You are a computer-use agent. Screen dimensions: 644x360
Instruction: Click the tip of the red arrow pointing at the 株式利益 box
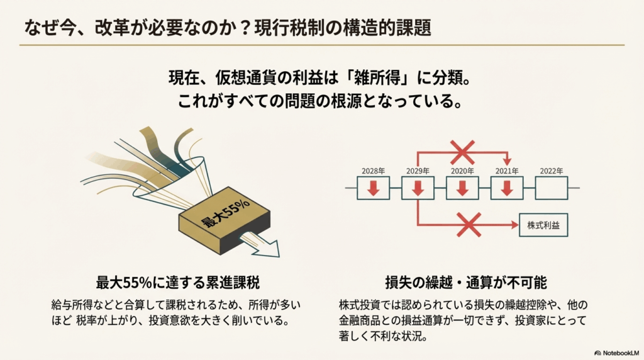coord(519,225)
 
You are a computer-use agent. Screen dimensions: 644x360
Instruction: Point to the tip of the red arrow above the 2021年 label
coord(508,166)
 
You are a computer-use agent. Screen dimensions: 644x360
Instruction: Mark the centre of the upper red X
coord(462,152)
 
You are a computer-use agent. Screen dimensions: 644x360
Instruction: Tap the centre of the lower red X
coord(469,225)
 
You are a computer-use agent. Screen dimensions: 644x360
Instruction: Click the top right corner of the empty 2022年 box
coord(568,177)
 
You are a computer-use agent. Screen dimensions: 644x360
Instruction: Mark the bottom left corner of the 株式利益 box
coord(519,236)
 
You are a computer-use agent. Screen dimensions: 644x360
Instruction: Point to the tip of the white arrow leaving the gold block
coord(279,257)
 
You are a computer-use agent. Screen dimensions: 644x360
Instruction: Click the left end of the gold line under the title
coord(19,45)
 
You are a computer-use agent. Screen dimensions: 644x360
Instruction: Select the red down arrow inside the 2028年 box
coord(374,188)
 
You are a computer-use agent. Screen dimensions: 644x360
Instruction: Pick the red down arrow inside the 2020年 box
coord(462,188)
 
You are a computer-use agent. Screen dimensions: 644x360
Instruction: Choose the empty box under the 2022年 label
coord(552,188)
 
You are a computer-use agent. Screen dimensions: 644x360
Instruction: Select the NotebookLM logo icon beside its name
coord(597,353)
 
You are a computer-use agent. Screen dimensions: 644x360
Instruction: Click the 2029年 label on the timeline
coord(418,171)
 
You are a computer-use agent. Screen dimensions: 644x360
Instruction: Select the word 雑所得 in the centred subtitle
coord(377,77)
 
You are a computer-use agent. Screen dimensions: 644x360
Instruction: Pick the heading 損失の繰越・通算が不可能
coord(466,283)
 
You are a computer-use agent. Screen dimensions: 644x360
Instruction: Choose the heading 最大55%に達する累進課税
coord(178,283)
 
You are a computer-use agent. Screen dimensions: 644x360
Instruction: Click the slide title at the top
coord(228,28)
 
